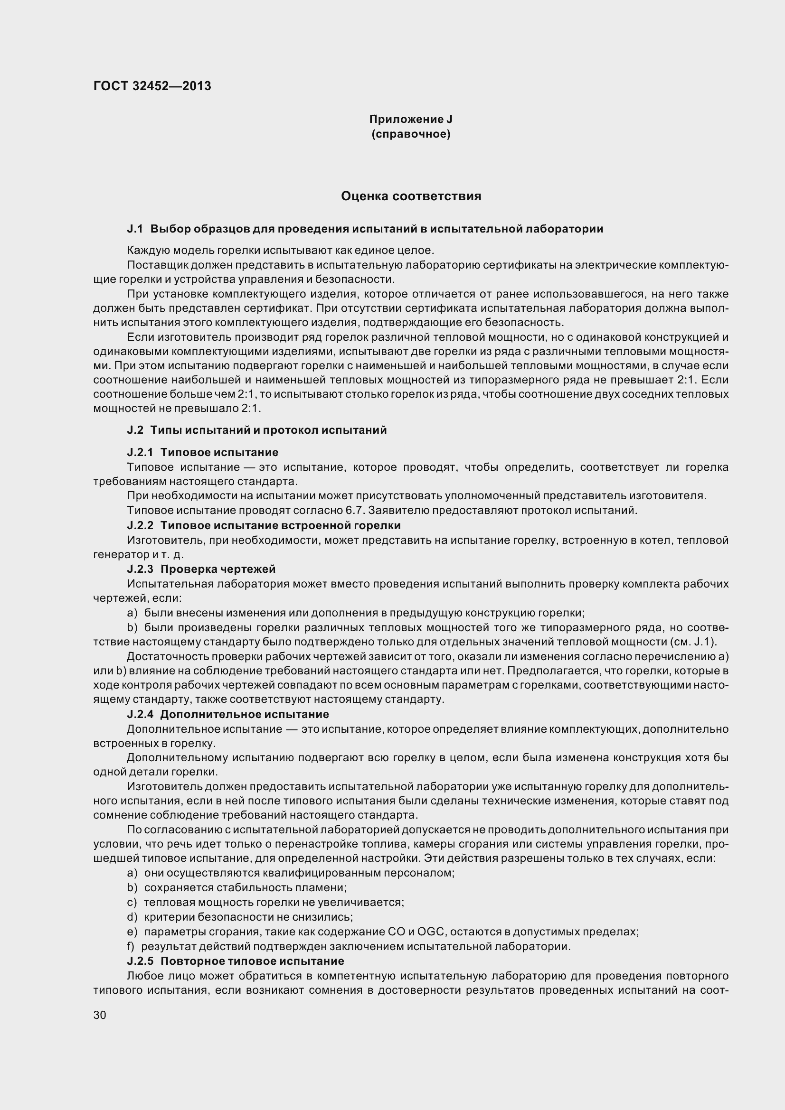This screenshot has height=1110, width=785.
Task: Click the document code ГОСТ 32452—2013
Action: click(152, 86)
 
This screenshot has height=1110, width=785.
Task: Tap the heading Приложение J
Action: click(411, 119)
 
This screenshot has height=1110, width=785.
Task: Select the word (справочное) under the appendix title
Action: click(411, 134)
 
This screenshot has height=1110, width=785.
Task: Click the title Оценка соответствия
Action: click(411, 196)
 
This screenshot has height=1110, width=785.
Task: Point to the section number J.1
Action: click(135, 229)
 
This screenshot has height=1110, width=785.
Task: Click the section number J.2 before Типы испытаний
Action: click(135, 430)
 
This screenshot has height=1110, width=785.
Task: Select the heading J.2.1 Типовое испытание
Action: click(203, 452)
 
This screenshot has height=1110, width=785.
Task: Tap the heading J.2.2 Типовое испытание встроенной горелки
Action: click(264, 525)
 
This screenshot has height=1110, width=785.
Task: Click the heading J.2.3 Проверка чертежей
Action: click(201, 569)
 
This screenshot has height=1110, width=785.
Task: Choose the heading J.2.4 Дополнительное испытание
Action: click(228, 714)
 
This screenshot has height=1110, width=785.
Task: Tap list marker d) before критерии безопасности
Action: click(132, 917)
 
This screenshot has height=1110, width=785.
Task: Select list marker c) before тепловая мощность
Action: click(132, 902)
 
